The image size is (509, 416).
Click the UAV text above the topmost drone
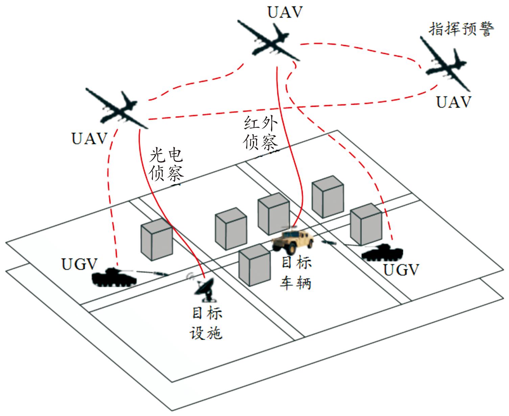285,12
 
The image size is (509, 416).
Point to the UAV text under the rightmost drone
454,102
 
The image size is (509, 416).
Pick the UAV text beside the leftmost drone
89,139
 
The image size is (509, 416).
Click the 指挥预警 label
461,29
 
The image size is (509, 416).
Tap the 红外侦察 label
260,134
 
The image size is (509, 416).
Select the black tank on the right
383,252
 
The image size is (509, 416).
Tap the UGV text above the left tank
79,264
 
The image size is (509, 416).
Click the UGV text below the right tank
401,270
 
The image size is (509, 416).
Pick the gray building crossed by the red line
157,239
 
